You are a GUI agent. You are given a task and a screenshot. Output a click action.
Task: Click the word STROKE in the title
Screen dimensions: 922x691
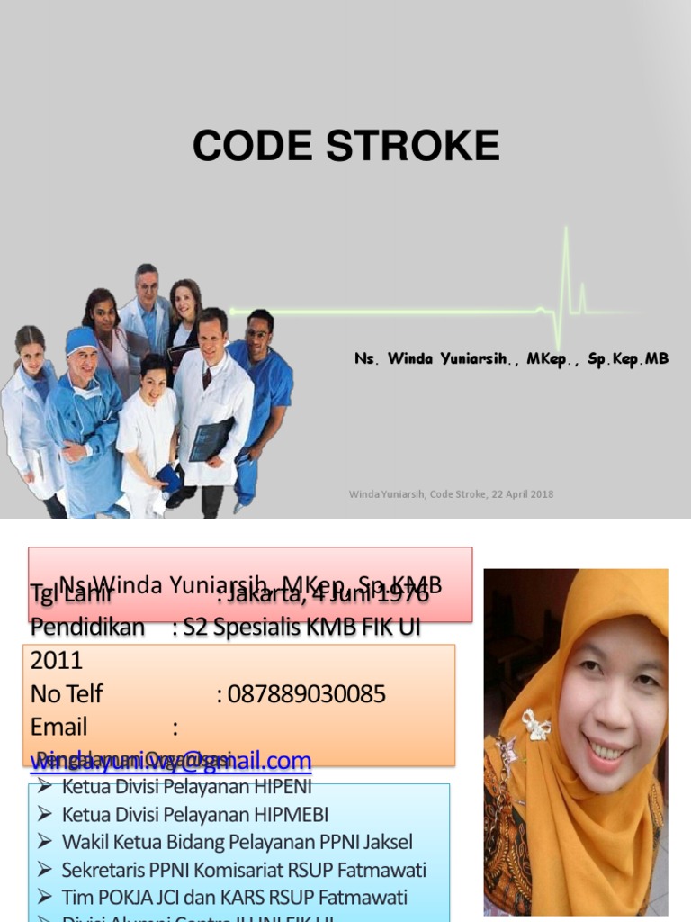(x=413, y=146)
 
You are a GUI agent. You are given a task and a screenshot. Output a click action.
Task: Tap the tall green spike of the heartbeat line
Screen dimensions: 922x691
(x=566, y=270)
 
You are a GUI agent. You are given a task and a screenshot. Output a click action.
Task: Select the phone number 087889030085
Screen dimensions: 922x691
(x=306, y=694)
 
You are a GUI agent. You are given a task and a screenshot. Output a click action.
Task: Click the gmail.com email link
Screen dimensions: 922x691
(x=171, y=761)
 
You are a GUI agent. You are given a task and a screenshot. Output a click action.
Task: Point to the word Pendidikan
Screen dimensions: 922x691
(x=87, y=628)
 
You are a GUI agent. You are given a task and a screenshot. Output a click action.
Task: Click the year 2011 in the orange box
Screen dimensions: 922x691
(x=57, y=661)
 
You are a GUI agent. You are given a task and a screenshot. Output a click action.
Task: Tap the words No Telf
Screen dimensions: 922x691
(x=67, y=694)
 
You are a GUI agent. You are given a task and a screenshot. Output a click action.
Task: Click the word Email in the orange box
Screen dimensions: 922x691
(x=59, y=728)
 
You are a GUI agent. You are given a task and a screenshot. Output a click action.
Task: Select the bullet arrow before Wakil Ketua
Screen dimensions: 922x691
(x=45, y=843)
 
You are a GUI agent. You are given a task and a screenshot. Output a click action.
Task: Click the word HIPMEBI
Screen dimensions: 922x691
(x=289, y=815)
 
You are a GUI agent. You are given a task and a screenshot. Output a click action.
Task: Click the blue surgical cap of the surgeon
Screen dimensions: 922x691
(x=81, y=339)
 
